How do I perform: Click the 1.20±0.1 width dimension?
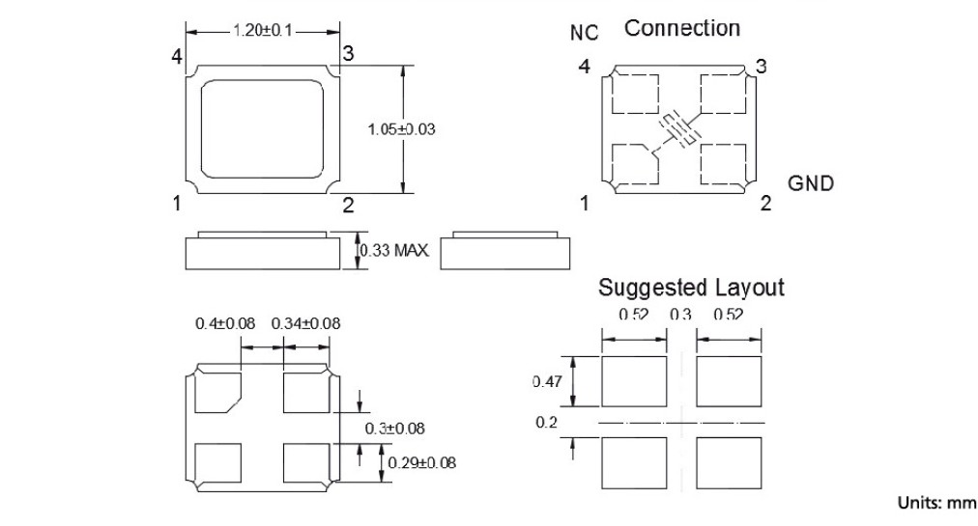coord(262,31)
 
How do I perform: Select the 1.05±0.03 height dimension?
coord(402,128)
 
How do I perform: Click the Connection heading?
coord(682,28)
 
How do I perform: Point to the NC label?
coord(584,33)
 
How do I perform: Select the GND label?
coord(811,183)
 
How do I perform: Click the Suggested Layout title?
coord(691,287)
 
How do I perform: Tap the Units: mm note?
coord(937,502)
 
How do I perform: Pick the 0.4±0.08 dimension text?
coord(225,323)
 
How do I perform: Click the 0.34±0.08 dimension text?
coord(305,323)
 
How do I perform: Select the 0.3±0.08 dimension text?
coord(395,428)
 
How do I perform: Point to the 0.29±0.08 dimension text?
coord(422,463)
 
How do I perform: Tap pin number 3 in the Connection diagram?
coord(762,67)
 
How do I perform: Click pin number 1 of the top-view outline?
coord(178,204)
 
